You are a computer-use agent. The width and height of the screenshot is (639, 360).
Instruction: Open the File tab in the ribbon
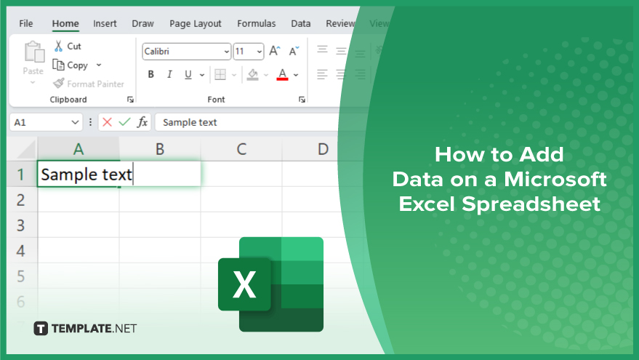[26, 24]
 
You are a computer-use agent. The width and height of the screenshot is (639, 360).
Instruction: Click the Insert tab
[105, 24]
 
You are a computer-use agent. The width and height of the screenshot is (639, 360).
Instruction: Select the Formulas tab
[257, 24]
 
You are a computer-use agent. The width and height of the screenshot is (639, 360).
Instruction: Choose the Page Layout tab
[196, 24]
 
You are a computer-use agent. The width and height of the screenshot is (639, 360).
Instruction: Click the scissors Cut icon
[59, 46]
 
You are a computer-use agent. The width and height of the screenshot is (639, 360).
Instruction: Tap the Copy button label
[78, 65]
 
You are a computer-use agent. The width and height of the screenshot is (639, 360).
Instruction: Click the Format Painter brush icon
[59, 83]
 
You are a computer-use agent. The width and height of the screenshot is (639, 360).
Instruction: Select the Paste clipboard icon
[34, 52]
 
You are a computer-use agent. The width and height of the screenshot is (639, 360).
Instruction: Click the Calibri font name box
[187, 52]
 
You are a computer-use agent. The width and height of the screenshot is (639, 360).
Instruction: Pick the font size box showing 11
[249, 52]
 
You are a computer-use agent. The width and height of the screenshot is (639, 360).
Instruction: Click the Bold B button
[150, 74]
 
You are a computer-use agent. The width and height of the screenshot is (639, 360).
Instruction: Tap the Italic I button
[169, 74]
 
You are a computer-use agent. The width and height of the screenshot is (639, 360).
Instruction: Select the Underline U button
[188, 75]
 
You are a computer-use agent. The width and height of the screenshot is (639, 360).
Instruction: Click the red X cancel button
[107, 122]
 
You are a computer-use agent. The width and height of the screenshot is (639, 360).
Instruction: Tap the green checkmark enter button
[125, 122]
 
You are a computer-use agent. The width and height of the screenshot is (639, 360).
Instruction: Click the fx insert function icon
[142, 122]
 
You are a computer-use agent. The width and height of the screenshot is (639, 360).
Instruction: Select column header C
[241, 149]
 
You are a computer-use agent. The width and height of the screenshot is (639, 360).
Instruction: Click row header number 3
[21, 225]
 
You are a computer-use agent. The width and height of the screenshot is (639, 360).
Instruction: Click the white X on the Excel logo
[244, 284]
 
